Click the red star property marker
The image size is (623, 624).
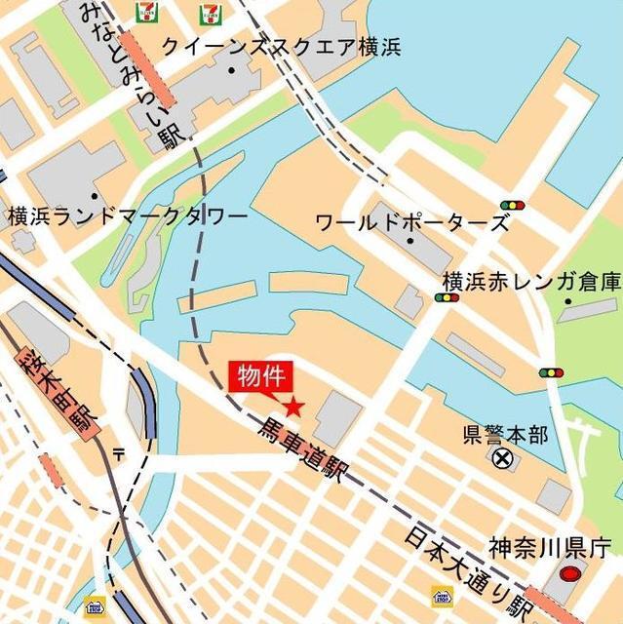292,407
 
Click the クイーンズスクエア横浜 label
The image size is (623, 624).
281,47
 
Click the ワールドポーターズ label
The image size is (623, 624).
411,222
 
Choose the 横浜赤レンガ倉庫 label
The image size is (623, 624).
531,281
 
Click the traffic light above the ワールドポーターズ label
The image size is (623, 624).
511,206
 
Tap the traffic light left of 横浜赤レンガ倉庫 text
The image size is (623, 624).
447,297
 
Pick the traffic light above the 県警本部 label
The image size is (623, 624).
551,372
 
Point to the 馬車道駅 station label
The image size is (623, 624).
302,451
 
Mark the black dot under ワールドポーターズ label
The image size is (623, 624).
410,240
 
